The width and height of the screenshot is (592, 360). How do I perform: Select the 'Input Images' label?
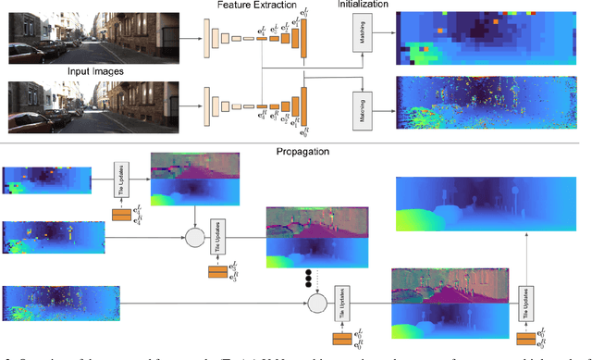95,70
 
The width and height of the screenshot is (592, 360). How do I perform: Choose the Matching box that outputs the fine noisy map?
362,104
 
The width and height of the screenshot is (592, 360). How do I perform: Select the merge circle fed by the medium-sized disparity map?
194,238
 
